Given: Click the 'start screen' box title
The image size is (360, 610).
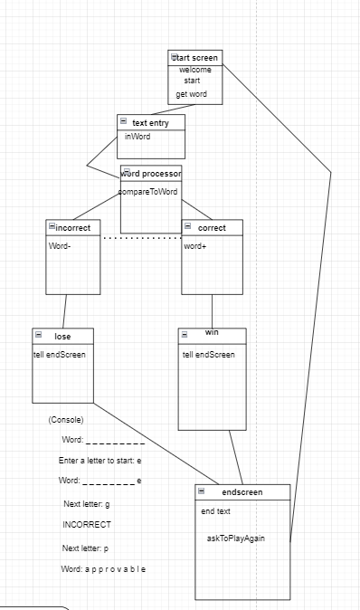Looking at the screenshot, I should (x=197, y=58).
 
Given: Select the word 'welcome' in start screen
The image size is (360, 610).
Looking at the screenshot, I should (x=195, y=70).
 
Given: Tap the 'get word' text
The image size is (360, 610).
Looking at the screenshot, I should (x=192, y=94).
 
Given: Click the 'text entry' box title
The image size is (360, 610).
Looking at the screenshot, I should (x=152, y=121).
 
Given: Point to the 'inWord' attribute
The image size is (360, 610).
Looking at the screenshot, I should (x=137, y=137).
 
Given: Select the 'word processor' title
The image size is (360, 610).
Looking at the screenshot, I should (x=152, y=172).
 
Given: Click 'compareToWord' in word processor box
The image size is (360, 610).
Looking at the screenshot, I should (x=148, y=192).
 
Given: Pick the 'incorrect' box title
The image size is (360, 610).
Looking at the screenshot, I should (x=72, y=227).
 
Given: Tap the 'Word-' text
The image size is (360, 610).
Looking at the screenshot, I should (x=60, y=246).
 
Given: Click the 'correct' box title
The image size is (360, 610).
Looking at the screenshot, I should (x=213, y=227).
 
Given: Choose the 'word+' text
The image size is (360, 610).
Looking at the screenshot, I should (x=195, y=246).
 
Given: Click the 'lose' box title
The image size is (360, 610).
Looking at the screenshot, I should (x=62, y=336).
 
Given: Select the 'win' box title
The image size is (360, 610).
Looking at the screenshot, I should (x=212, y=332).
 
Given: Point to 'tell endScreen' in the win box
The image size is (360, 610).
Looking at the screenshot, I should (x=208, y=355).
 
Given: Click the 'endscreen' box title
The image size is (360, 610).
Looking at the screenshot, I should (x=242, y=491).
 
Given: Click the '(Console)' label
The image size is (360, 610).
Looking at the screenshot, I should (x=66, y=420).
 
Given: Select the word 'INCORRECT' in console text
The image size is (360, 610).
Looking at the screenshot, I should (x=87, y=525).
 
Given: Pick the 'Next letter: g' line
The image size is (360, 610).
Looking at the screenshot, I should (x=86, y=503).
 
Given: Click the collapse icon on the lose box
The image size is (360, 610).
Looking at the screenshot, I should (x=38, y=335).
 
